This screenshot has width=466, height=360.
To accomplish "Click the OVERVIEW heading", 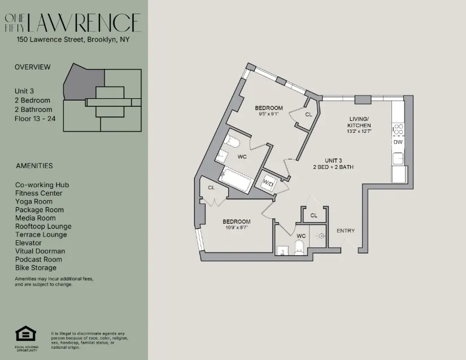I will click(32, 67).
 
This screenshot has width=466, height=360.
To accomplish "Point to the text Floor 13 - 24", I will click(35, 119).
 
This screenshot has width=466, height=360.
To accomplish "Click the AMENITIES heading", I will click(34, 166).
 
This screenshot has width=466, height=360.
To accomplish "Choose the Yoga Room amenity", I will click(34, 202).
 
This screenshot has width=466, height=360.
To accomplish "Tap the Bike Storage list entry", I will click(36, 268).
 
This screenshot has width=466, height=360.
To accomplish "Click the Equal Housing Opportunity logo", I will click(25, 335).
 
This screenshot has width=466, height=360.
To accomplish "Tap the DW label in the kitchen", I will click(398, 142).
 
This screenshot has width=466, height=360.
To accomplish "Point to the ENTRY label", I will click(346, 231).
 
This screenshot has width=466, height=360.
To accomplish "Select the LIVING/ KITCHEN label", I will click(359, 122).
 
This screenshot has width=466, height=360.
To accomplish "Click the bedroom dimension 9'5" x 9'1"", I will click(268, 114).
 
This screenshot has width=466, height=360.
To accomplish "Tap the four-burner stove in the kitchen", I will click(398, 129).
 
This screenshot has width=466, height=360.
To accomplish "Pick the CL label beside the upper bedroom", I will click(308, 115).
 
